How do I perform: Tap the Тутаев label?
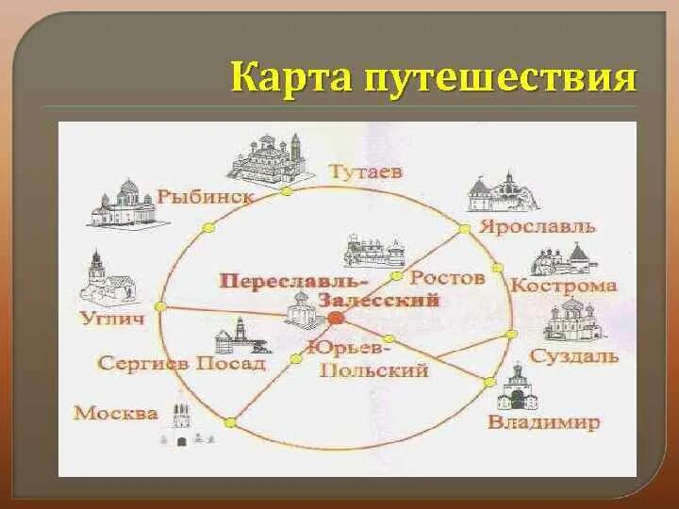[x=366, y=172]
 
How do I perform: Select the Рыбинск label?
[x=206, y=196]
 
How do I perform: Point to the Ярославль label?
[x=538, y=226]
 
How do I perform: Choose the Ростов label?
[x=448, y=277]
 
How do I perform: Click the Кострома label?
[x=564, y=286]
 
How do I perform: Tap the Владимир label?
[x=543, y=422]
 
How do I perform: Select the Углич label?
[x=113, y=319]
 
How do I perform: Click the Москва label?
[x=116, y=413]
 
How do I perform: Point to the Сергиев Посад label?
[x=181, y=362]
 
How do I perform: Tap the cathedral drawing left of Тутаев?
[x=267, y=156]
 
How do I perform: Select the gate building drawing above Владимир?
[x=518, y=386]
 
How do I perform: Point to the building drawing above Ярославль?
[x=503, y=192]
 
